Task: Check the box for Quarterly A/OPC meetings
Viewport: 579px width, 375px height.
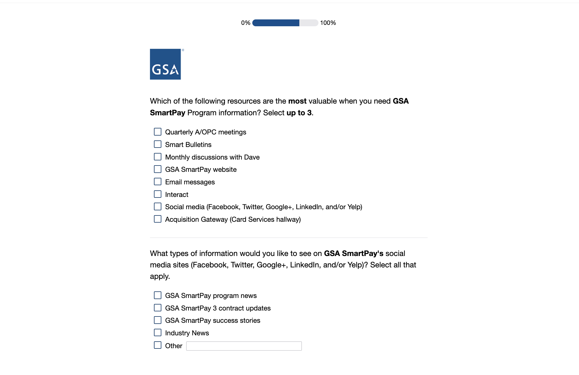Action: pos(158,132)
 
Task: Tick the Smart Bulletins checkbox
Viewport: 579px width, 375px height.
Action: pos(158,144)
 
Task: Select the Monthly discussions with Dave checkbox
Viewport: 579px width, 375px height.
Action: pos(158,157)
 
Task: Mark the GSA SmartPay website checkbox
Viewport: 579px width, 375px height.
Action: pos(158,169)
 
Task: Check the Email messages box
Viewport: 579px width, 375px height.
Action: pos(158,182)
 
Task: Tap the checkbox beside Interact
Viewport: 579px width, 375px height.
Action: pos(158,194)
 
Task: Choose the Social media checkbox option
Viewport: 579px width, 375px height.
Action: pos(158,207)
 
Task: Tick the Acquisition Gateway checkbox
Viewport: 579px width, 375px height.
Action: pos(158,219)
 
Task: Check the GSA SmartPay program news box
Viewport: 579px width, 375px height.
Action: pos(158,295)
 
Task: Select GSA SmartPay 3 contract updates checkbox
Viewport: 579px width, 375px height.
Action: pos(158,308)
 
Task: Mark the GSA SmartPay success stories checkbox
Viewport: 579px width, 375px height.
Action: pos(158,320)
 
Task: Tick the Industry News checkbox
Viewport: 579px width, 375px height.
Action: pos(158,333)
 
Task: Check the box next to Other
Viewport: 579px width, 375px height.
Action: pos(158,345)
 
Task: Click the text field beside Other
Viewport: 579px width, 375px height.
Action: pos(244,346)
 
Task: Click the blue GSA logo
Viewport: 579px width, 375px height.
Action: pos(165,64)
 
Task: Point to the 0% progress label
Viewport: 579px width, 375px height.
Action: pos(245,23)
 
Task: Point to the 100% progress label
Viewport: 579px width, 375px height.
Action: pos(328,23)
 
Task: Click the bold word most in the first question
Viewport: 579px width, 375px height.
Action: pos(297,101)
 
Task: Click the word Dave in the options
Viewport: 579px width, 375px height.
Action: pos(252,157)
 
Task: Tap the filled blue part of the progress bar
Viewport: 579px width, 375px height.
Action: pos(276,23)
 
